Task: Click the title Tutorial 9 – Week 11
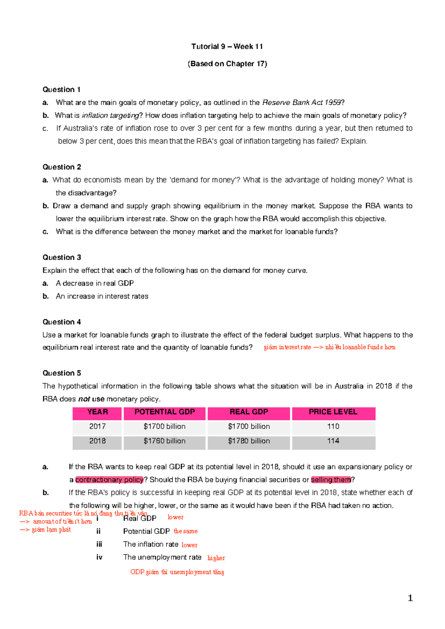[x=227, y=46]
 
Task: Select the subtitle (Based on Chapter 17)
[x=227, y=64]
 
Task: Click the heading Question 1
[x=61, y=89]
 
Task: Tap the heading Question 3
[x=62, y=257]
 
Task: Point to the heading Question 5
[x=62, y=373]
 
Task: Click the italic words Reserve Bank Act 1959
[x=301, y=102]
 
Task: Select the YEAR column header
[x=97, y=412]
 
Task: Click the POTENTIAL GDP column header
[x=164, y=412]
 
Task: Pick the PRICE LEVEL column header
[x=333, y=412]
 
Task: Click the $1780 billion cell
[x=249, y=441]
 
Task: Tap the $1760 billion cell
[x=164, y=441]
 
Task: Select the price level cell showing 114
[x=333, y=441]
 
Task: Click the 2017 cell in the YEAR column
[x=97, y=427]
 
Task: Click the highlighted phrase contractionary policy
[x=109, y=480]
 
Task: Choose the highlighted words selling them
[x=331, y=480]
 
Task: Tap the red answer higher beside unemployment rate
[x=216, y=558]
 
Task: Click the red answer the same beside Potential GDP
[x=185, y=531]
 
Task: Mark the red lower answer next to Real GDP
[x=175, y=517]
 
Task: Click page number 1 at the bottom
[x=410, y=598]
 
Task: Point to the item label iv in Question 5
[x=99, y=557]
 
